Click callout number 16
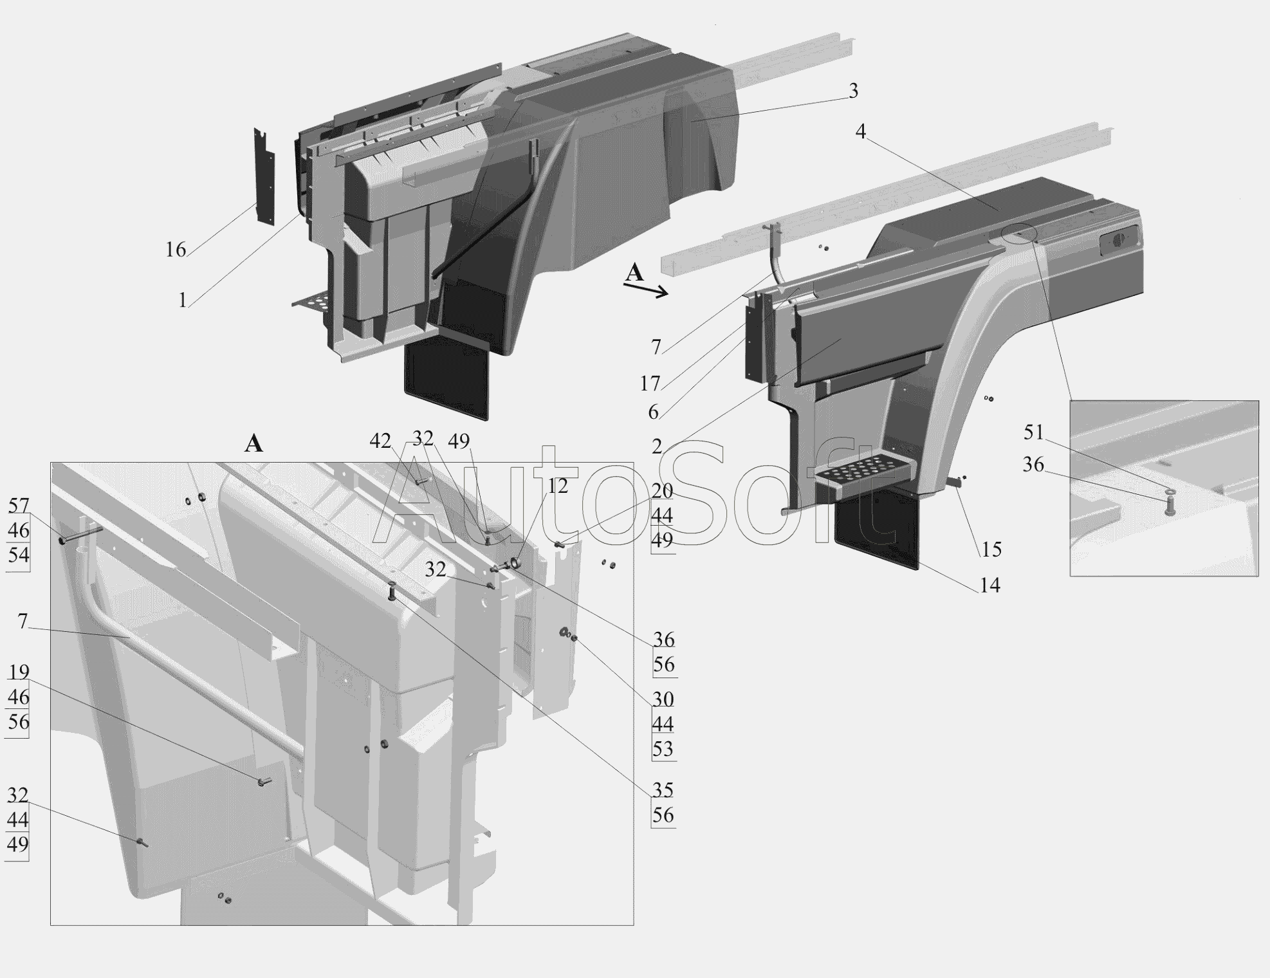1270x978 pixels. pos(176,249)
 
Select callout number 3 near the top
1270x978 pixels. pos(853,91)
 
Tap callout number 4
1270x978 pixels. pos(861,131)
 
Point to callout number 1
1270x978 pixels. pos(183,300)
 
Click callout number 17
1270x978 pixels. pos(650,383)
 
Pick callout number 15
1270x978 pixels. pos(991,549)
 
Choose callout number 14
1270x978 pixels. pos(989,585)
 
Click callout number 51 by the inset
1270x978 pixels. pos(1033,432)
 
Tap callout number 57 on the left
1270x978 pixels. pos(19,506)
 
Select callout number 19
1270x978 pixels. pos(19,672)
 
